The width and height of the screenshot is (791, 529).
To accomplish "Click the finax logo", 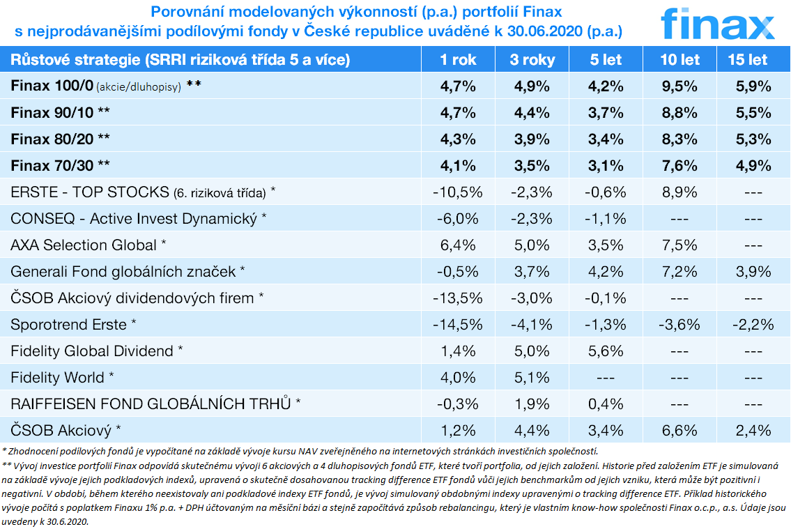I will (x=717, y=24).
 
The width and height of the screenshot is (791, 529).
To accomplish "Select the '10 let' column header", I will (x=679, y=60).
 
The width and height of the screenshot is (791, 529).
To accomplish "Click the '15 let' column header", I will (x=748, y=60).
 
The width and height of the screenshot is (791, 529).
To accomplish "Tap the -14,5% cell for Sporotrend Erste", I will (x=458, y=324).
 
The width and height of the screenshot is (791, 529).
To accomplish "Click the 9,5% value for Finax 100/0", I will (x=679, y=86).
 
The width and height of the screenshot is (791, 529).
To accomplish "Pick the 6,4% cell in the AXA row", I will (x=458, y=245).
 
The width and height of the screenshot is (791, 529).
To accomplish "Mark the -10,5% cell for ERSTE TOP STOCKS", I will (x=458, y=192).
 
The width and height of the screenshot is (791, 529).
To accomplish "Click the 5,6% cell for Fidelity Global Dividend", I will (x=606, y=351).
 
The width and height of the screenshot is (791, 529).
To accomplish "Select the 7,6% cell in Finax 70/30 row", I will (x=679, y=166).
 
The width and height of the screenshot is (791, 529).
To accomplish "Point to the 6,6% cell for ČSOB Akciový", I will (x=679, y=430).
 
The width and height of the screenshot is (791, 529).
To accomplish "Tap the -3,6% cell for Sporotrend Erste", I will (x=679, y=324).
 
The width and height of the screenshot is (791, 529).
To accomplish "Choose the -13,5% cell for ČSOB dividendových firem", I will (x=458, y=298).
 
